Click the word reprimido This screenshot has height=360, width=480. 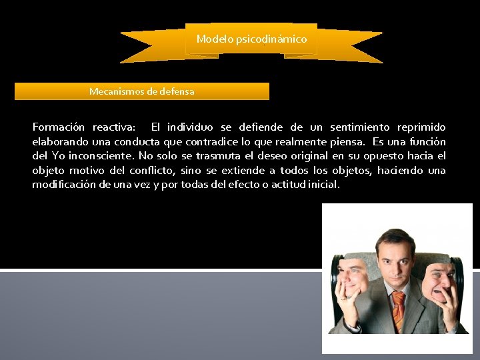coord(421,127)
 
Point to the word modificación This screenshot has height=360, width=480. coord(64,185)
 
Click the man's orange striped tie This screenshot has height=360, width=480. coord(399,307)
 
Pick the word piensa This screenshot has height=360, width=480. coord(347,141)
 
